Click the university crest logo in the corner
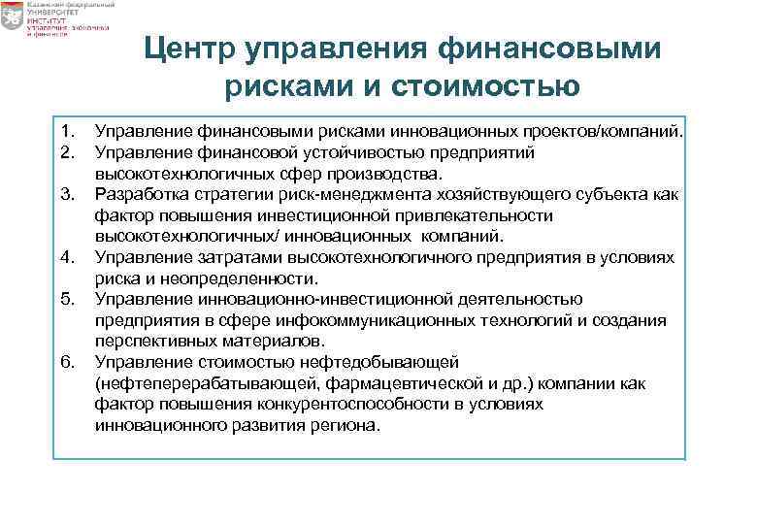pos(16,20)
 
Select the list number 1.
pos(66,130)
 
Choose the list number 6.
pos(66,362)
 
